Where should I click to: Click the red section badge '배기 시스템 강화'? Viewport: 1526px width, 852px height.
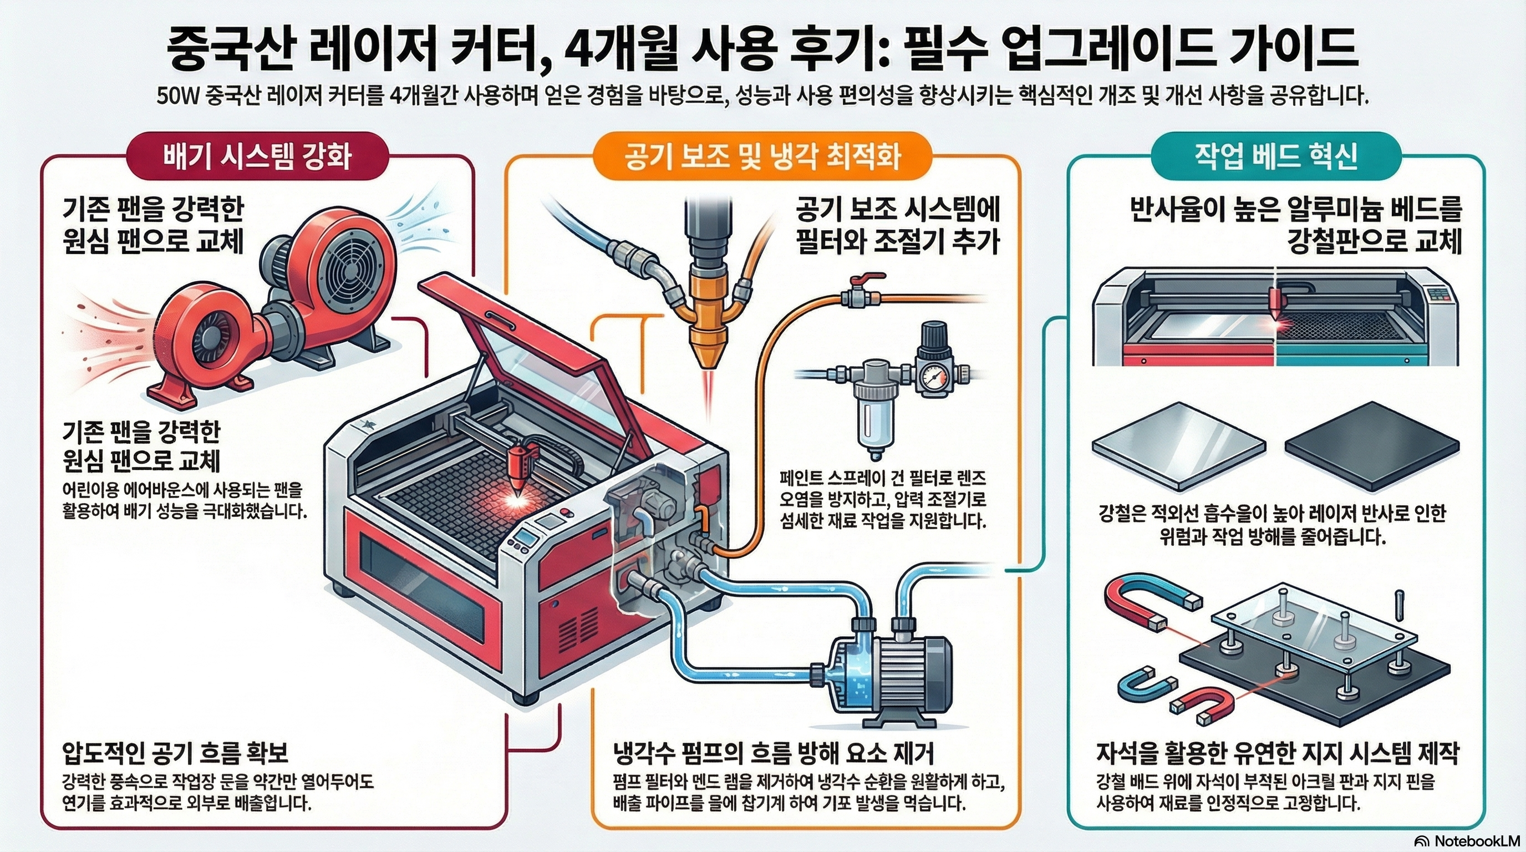coord(257,156)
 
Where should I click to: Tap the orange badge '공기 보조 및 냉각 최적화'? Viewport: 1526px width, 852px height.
coord(762,156)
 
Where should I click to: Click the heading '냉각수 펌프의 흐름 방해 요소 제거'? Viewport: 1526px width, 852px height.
coord(774,753)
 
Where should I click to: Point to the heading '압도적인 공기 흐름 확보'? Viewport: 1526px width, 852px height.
coord(175,753)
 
